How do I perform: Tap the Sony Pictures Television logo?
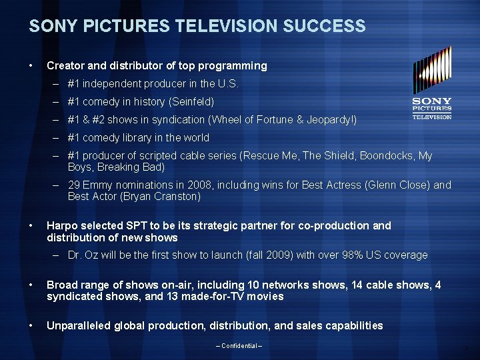(x=432, y=83)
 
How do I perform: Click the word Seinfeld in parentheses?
(x=193, y=102)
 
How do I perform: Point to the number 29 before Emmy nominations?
(x=74, y=185)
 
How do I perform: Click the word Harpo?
(x=62, y=225)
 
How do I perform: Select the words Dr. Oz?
(x=83, y=255)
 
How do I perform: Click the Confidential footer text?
(x=239, y=345)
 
